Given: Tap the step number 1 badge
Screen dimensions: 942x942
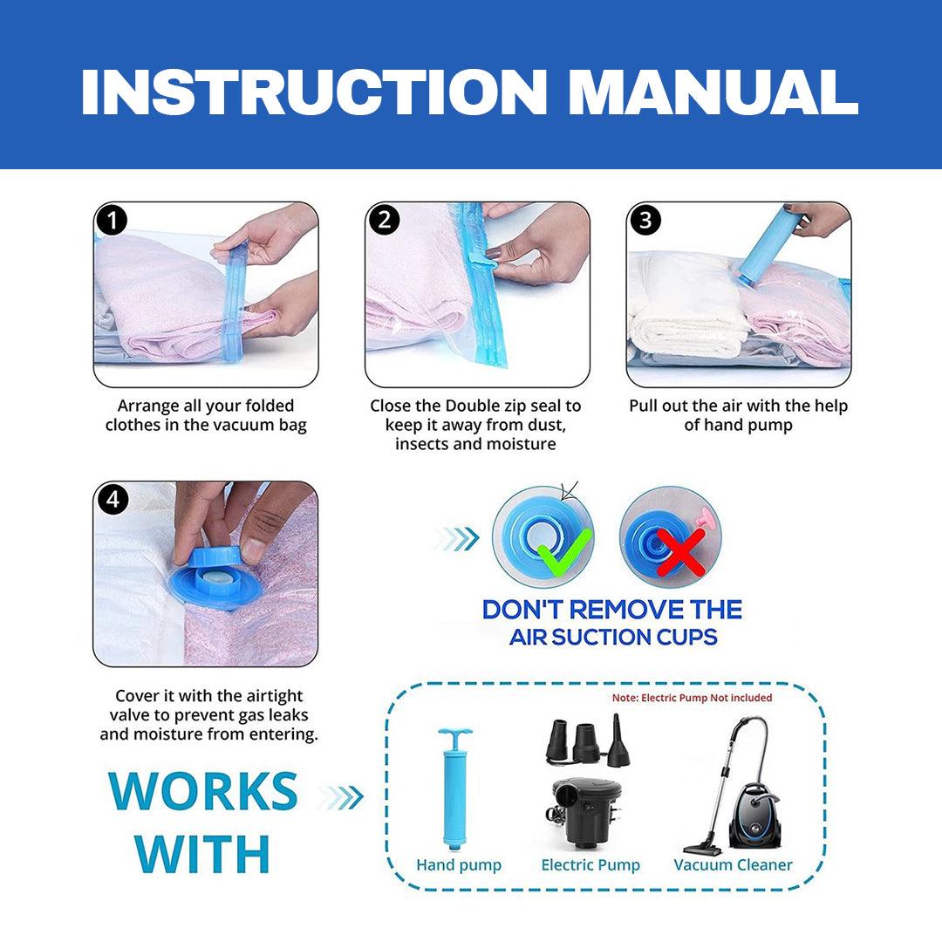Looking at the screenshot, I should (112, 221).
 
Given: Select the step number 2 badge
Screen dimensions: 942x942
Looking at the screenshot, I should (384, 221).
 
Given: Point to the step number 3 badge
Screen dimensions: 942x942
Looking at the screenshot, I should (645, 221).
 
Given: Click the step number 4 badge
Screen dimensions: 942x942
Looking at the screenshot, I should (112, 500).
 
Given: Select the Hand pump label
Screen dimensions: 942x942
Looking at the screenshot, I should (459, 865).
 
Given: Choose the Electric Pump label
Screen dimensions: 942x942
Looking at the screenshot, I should (590, 865).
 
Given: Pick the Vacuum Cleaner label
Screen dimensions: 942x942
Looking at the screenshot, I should (733, 865).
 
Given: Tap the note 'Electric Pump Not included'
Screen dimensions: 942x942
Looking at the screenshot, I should (692, 698).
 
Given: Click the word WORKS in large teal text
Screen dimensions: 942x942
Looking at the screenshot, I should (203, 792).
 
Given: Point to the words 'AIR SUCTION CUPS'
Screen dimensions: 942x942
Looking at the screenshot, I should (613, 637).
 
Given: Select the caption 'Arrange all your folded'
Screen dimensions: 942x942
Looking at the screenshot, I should (206, 406).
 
